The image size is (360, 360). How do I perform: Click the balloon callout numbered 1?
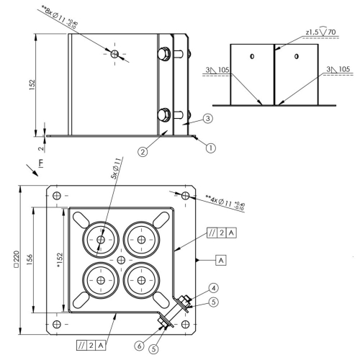point(211,148)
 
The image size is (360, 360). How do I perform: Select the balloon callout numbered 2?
point(143,152)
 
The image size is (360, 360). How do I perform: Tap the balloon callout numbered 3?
point(208,118)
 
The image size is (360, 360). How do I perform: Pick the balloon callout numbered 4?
point(214,288)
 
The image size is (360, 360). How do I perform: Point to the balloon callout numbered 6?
point(140,346)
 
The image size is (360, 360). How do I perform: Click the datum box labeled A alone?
point(221,260)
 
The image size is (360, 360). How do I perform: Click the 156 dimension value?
point(30,259)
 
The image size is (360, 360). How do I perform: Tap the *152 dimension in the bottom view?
point(59,260)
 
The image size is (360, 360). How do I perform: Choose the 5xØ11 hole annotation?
point(116,168)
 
